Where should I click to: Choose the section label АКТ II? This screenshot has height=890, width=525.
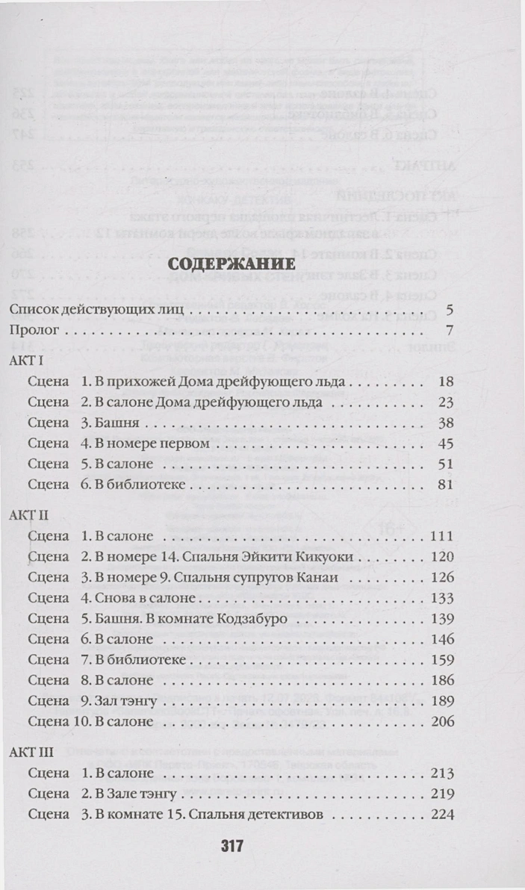30,515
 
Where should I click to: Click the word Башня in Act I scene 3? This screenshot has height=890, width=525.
115,423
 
